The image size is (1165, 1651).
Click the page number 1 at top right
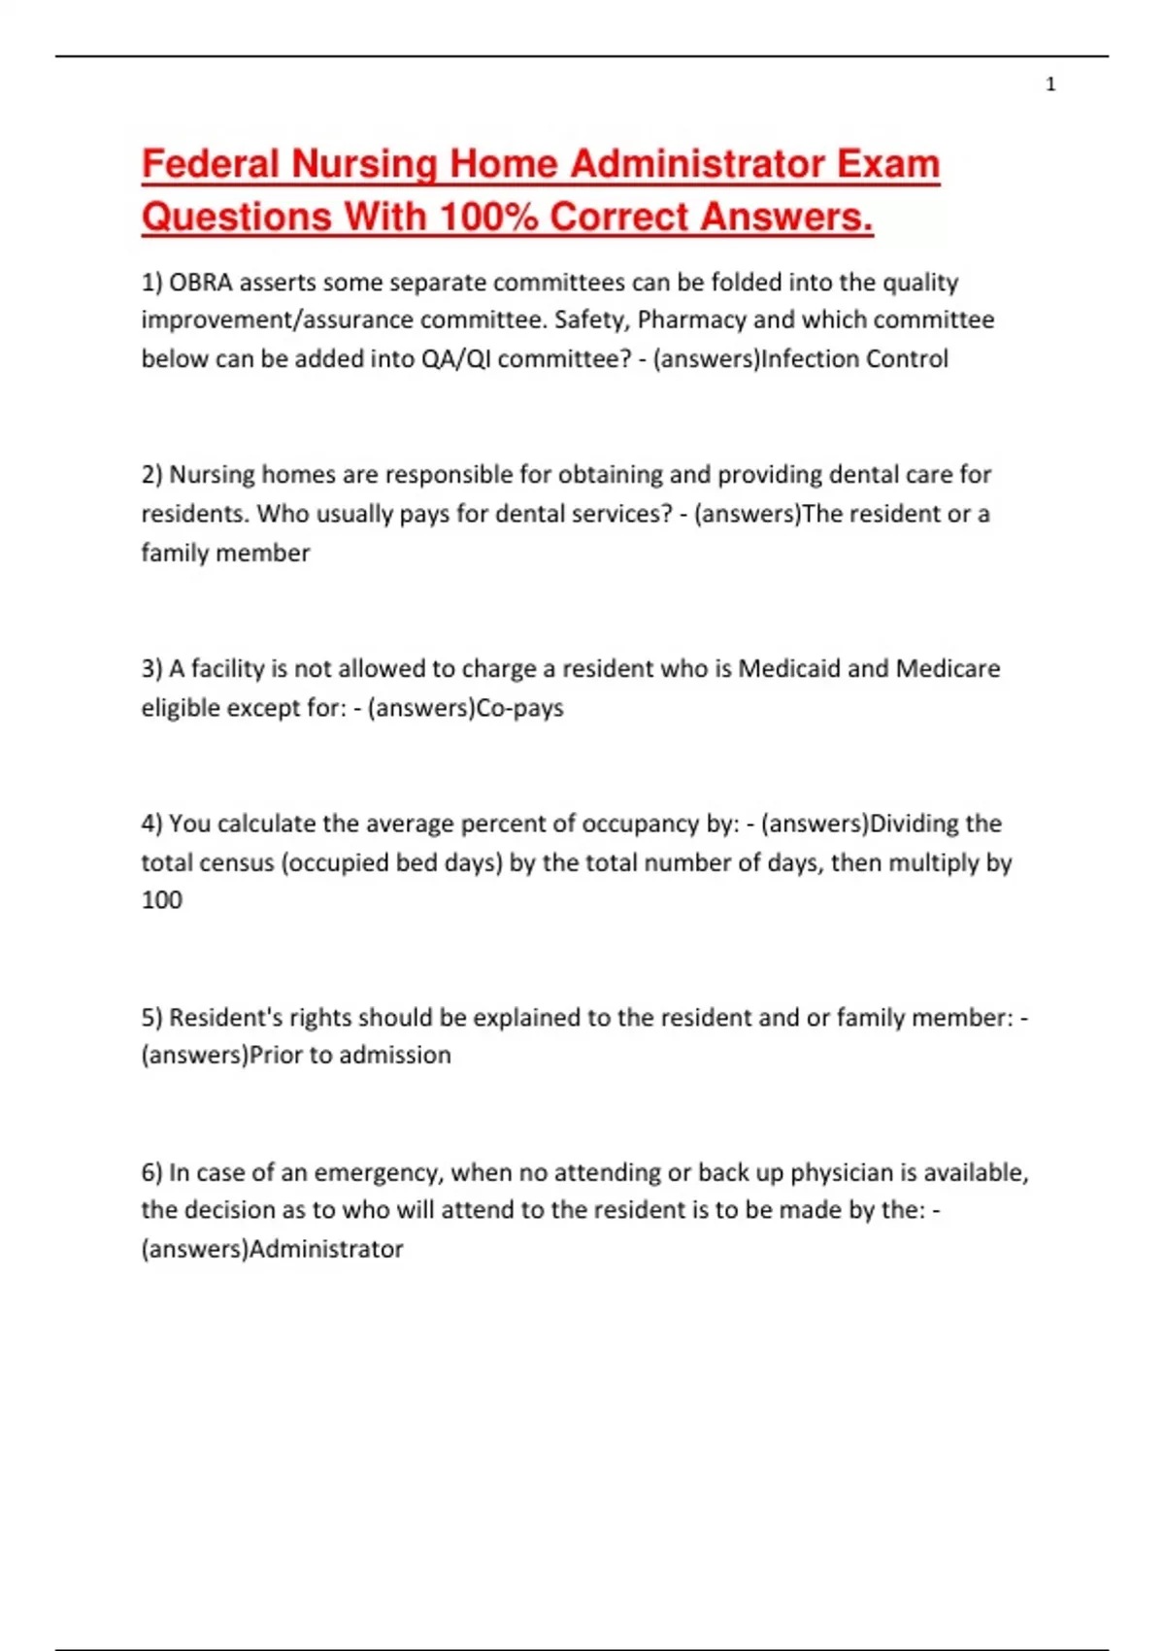(1050, 85)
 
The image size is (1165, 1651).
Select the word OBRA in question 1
(201, 283)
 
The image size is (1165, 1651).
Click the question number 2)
(151, 475)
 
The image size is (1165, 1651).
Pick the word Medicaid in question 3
(789, 669)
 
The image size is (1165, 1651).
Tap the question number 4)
(151, 824)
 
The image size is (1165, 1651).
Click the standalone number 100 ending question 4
(162, 900)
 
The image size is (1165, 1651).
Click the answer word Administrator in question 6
(326, 1249)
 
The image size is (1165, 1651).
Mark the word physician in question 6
(842, 1173)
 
